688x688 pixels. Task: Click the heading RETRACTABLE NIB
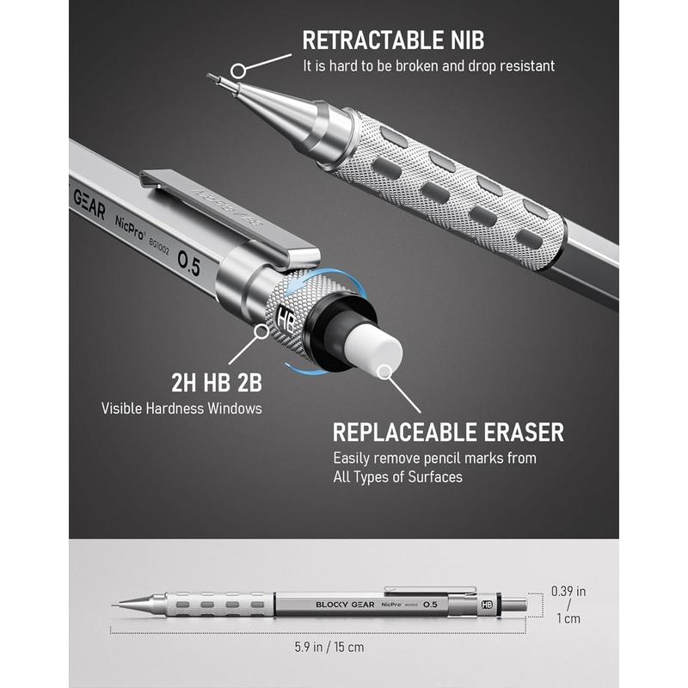(393, 40)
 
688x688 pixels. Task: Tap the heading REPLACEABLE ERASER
(448, 433)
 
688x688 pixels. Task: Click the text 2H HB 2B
(217, 383)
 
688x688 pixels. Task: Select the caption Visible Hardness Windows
(181, 408)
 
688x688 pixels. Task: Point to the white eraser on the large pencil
(374, 351)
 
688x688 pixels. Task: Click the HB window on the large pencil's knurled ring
(285, 318)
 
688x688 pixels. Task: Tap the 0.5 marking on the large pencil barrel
(189, 264)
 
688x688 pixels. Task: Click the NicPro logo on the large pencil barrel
(130, 228)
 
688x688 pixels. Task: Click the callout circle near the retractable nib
(239, 71)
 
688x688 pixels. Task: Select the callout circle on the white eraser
(385, 372)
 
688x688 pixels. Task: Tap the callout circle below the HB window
(262, 331)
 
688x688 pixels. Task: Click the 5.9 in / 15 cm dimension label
(329, 647)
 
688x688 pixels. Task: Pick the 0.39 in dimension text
(568, 591)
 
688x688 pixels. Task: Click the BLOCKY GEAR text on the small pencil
(346, 605)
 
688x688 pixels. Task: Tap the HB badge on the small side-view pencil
(487, 605)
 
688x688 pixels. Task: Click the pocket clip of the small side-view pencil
(430, 589)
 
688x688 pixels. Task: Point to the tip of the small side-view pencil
(113, 605)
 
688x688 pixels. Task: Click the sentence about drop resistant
(428, 66)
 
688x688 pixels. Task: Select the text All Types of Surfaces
(397, 477)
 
